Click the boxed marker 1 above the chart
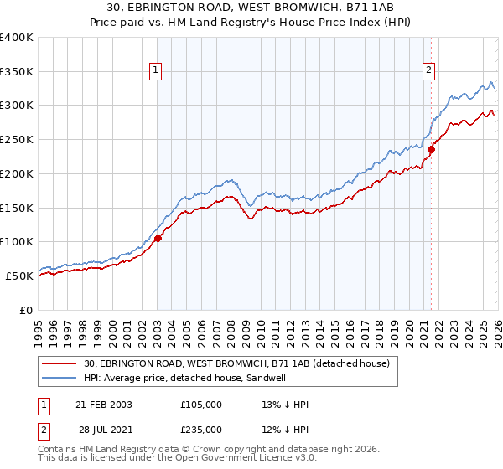157,71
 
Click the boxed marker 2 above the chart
428,71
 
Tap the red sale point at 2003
158,238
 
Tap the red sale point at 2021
431,150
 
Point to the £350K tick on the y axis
17,72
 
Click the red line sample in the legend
60,364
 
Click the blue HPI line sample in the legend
60,379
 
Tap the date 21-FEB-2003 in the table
104,405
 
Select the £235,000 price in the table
201,430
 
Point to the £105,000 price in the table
201,405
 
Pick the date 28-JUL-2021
104,430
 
